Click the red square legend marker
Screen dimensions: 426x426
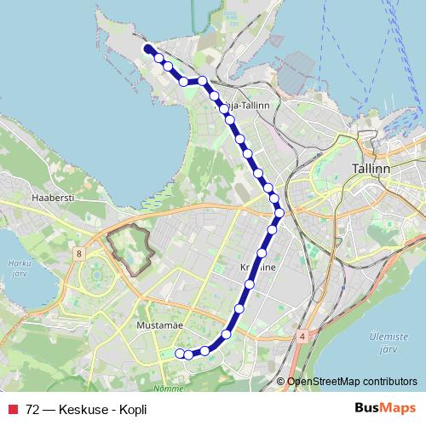tap(13, 409)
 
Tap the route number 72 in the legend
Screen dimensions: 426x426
tap(33, 409)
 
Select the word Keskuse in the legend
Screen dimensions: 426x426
tap(78, 409)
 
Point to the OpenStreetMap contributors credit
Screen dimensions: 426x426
tap(350, 382)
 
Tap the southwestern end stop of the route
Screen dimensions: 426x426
tap(179, 354)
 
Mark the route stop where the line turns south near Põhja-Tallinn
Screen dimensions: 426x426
tap(203, 81)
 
